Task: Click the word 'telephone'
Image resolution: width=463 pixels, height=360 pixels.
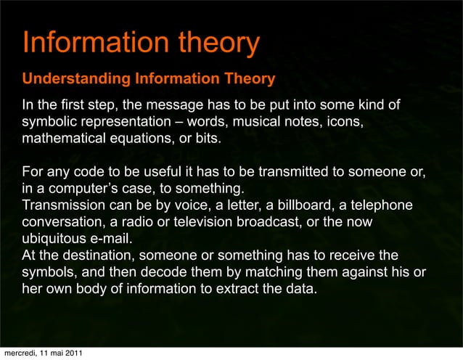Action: [385, 205]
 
